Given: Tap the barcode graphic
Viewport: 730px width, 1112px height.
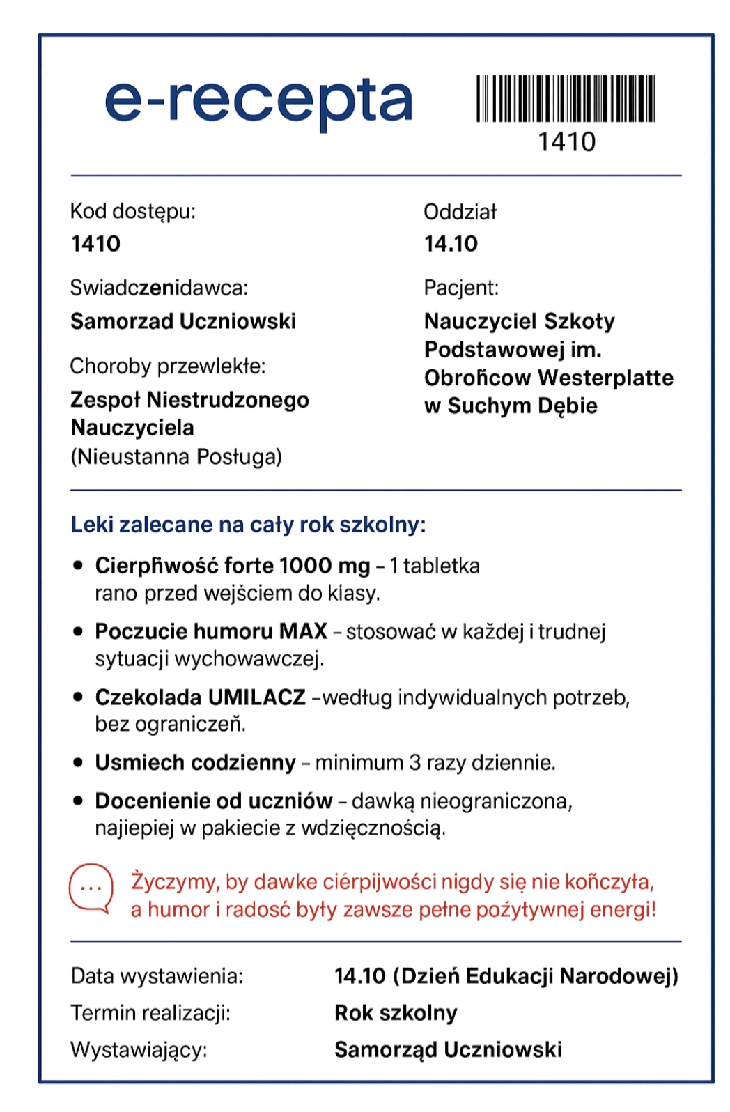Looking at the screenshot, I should click(x=565, y=98).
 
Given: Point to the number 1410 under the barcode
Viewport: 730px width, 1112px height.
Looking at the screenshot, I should click(x=566, y=142).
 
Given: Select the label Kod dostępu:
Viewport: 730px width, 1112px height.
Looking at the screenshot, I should click(x=132, y=211).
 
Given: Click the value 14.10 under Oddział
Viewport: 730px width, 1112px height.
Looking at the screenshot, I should click(x=451, y=244).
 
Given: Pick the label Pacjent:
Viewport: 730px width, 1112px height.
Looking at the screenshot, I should click(x=460, y=288).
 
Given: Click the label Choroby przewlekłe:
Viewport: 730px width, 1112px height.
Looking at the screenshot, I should click(x=167, y=366).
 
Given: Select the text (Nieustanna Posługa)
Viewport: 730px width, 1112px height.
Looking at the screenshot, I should click(x=176, y=457).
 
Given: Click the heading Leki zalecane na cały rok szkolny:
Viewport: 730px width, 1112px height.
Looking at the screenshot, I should click(x=248, y=525).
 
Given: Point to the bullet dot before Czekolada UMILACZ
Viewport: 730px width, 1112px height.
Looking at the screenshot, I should click(x=78, y=697).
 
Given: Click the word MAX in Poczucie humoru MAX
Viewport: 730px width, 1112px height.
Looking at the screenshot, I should click(x=303, y=631).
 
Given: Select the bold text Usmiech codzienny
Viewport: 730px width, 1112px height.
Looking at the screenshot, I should click(x=195, y=763).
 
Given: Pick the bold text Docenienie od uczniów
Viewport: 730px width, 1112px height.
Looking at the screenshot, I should click(x=213, y=801).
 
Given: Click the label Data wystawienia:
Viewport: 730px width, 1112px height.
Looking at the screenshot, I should click(x=157, y=976).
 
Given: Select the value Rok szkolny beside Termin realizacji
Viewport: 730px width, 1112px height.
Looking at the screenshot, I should click(x=396, y=1013).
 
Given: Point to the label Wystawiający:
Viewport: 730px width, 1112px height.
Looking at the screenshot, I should click(x=139, y=1050).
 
